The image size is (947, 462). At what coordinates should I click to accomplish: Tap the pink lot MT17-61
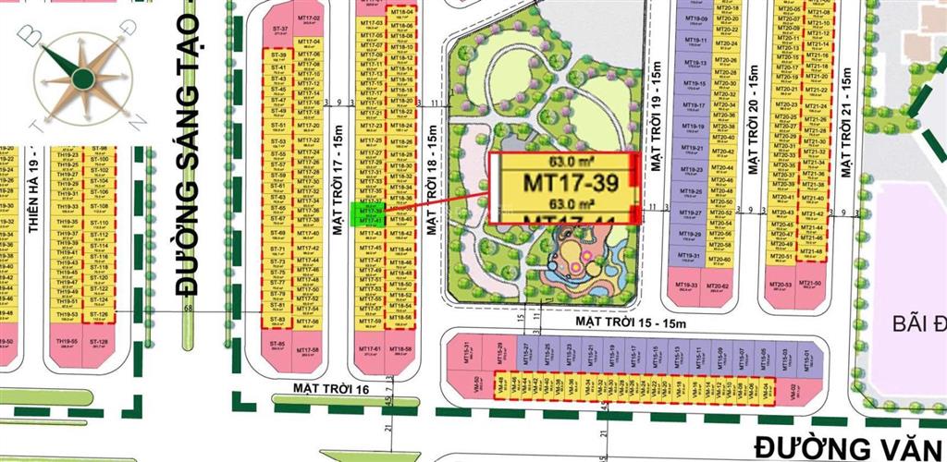pyautogui.click(x=374, y=351)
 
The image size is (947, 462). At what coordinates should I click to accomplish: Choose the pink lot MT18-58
pyautogui.click(x=402, y=351)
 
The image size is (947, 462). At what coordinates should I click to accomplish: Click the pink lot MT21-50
pyautogui.click(x=812, y=285)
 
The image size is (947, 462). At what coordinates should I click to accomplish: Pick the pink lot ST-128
pyautogui.click(x=99, y=344)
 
